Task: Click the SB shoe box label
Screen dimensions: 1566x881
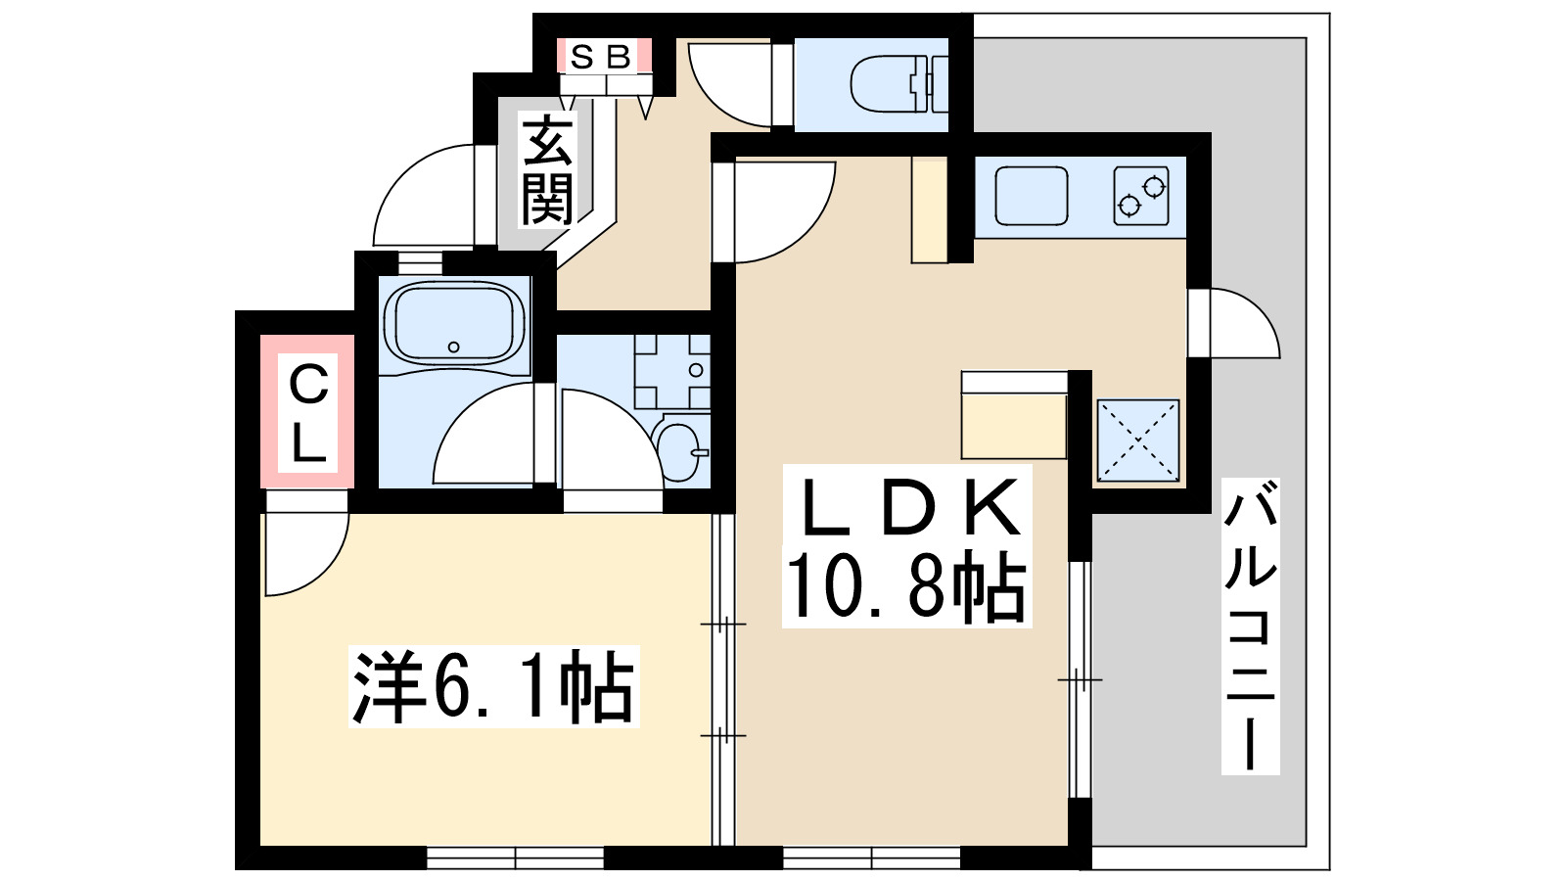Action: pos(601,56)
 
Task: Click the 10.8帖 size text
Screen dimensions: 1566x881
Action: pos(906,586)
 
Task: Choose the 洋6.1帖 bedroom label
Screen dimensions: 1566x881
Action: pos(493,686)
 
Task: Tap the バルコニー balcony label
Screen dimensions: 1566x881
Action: pos(1250,626)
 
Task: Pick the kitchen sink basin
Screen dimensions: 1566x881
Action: pos(1032,196)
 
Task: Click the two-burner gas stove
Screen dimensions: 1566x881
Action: pos(1141,196)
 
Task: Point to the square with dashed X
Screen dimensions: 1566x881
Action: pos(1137,440)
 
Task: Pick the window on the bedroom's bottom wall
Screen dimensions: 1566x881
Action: pos(515,858)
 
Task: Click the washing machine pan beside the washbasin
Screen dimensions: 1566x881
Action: pos(671,371)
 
